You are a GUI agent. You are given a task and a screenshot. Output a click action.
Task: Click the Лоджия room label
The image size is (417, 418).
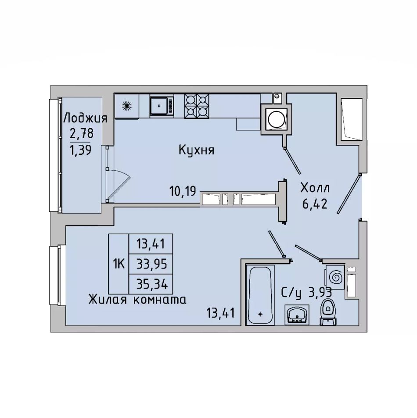pos(85,118)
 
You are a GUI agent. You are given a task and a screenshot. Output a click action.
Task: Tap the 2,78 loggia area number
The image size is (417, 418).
pos(82,133)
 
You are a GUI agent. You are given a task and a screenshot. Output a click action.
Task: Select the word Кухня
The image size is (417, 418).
pos(196,150)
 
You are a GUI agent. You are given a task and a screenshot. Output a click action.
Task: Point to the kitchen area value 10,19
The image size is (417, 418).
pos(183,191)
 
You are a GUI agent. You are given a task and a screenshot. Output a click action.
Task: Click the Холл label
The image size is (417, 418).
pos(315,188)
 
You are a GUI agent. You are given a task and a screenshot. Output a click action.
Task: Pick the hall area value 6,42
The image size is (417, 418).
pos(315,204)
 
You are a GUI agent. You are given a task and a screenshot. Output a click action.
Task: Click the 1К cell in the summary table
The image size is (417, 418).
pos(119,264)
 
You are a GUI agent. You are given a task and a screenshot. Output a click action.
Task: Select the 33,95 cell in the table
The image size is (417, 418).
pos(151,264)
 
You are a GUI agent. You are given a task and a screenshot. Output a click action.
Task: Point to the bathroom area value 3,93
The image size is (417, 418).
pos(320,293)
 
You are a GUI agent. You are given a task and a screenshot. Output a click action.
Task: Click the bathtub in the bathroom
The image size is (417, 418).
pos(260,295)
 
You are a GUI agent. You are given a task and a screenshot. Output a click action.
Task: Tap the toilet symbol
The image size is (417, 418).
pos(328,312)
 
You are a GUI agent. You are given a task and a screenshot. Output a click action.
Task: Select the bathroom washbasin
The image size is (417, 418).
pos(297,315)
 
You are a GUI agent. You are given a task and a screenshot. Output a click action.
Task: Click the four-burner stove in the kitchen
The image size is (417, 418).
pos(197,106)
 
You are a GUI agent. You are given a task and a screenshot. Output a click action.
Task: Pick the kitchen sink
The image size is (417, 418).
pos(162,106)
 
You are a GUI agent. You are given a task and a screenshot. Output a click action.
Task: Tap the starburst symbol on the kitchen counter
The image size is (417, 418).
pos(127,106)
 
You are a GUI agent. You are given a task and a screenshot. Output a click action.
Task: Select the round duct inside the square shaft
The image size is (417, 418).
pos(277,119)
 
